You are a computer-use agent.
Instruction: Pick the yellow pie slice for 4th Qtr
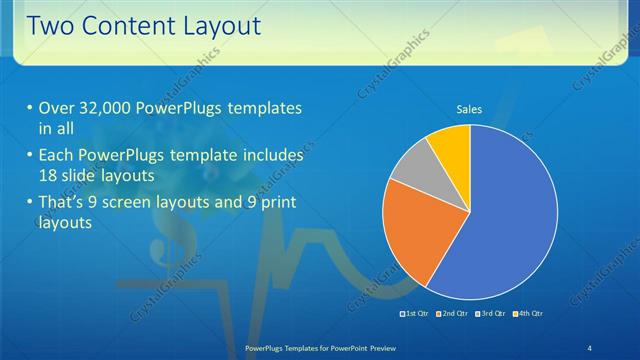pos(451,145)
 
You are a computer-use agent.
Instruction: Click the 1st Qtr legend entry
pos(415,314)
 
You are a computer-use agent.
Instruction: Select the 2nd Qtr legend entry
pos(453,314)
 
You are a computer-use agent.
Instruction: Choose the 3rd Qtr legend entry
pos(491,314)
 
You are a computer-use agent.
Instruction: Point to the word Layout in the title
pos(217,26)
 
